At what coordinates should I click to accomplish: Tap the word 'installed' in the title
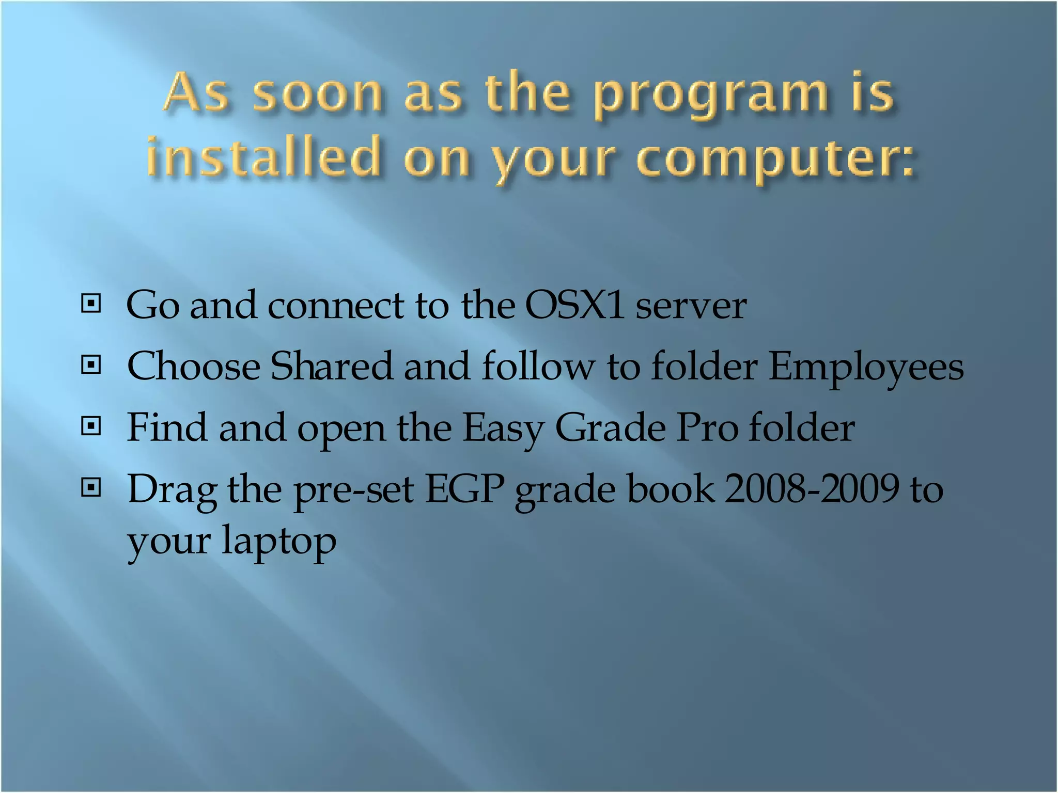(263, 155)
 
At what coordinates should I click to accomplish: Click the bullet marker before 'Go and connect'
(91, 304)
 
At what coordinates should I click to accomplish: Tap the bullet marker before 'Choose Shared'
(91, 366)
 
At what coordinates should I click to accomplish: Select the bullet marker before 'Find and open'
(91, 426)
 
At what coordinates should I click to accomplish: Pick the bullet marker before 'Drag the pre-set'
(91, 487)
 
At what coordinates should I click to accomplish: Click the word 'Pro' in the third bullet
(707, 428)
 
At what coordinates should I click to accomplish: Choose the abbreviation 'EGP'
(464, 489)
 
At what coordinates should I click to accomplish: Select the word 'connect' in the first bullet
(336, 305)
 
